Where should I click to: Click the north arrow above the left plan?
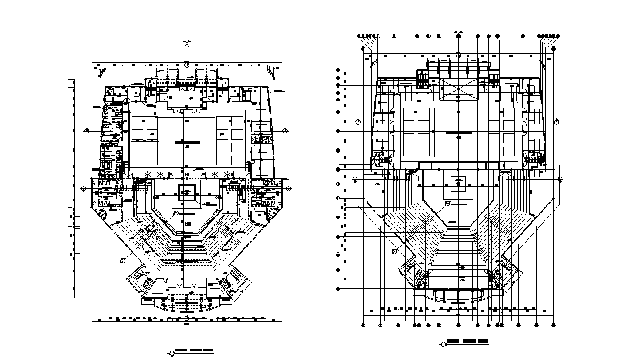click(x=187, y=43)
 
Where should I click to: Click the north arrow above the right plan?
click(x=458, y=33)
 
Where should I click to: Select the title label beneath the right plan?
click(x=468, y=342)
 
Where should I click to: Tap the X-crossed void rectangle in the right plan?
click(x=458, y=89)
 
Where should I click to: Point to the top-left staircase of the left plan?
click(x=152, y=89)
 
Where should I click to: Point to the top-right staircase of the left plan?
click(x=222, y=89)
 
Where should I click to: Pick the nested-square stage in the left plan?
click(x=187, y=191)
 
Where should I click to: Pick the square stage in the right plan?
click(x=458, y=183)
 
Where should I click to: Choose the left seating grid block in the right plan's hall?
click(x=416, y=132)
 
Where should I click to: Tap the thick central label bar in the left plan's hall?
click(x=183, y=141)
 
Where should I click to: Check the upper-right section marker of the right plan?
click(x=556, y=121)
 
